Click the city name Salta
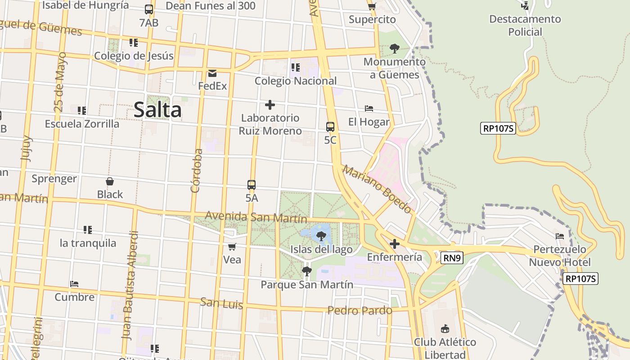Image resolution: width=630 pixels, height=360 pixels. tap(157, 110)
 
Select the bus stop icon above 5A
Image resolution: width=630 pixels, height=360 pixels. tap(252, 184)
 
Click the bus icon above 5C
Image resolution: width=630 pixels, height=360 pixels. tap(330, 127)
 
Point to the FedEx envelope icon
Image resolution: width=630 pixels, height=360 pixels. tap(212, 73)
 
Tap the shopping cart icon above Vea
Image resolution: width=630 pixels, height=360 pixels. tap(232, 247)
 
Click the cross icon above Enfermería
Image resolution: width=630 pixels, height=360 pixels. tap(395, 244)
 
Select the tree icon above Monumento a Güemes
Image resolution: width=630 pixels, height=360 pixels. tap(395, 48)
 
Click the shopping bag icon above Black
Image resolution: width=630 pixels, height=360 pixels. tap(110, 181)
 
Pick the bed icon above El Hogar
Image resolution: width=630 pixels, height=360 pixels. tap(369, 108)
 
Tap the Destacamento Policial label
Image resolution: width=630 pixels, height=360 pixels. tap(525, 25)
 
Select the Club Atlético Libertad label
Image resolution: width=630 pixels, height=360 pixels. tap(445, 348)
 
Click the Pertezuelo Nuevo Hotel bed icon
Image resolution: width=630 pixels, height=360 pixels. tap(560, 236)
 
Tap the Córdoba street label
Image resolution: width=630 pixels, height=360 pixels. tap(196, 171)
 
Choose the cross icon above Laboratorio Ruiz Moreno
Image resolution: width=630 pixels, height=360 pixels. tap(270, 105)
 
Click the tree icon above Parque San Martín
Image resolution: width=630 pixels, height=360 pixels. tap(307, 271)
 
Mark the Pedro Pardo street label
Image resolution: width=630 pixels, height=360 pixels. tap(360, 310)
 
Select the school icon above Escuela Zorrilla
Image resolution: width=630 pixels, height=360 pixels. tap(82, 110)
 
